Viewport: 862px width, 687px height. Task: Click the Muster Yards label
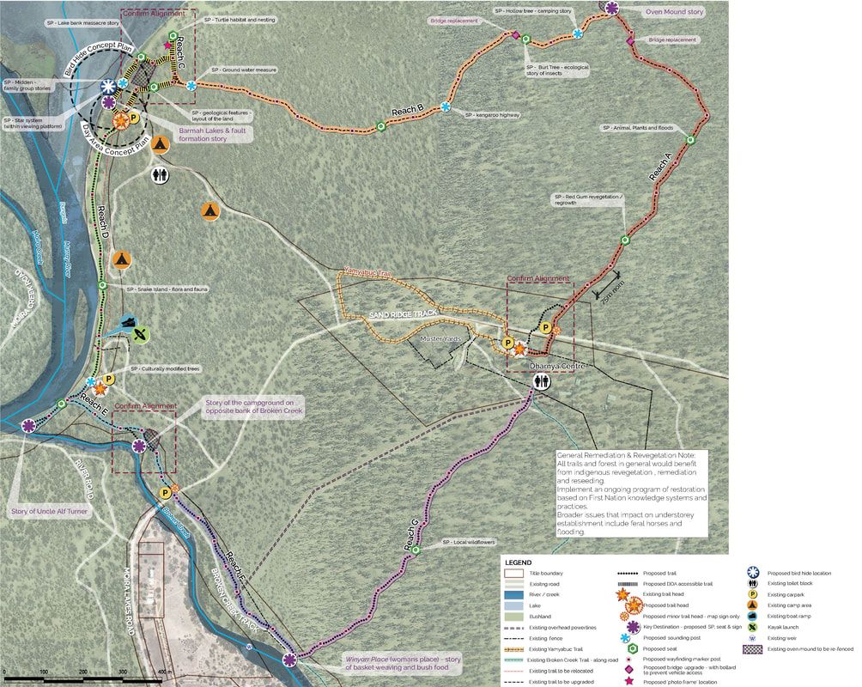[441, 339]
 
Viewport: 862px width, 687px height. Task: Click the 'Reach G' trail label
[411, 537]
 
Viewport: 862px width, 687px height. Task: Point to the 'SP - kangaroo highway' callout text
[495, 114]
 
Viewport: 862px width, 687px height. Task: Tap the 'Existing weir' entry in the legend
[788, 638]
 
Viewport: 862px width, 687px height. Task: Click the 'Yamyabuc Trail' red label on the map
[367, 273]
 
